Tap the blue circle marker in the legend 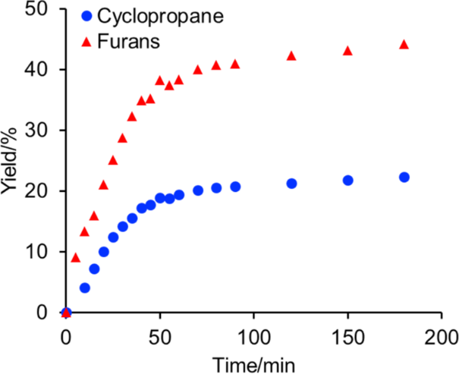point(88,15)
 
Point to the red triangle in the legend point(88,42)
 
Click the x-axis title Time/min point(253,362)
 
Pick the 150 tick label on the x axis point(347,335)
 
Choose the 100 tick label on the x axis point(253,335)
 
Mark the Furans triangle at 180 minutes point(404,44)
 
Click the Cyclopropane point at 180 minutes point(404,177)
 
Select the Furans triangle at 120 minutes point(291,55)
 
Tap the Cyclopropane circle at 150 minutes point(347,180)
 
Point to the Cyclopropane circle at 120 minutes point(291,183)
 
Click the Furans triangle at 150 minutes point(347,50)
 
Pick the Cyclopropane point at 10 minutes point(85,288)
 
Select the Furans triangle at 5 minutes point(75,257)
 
